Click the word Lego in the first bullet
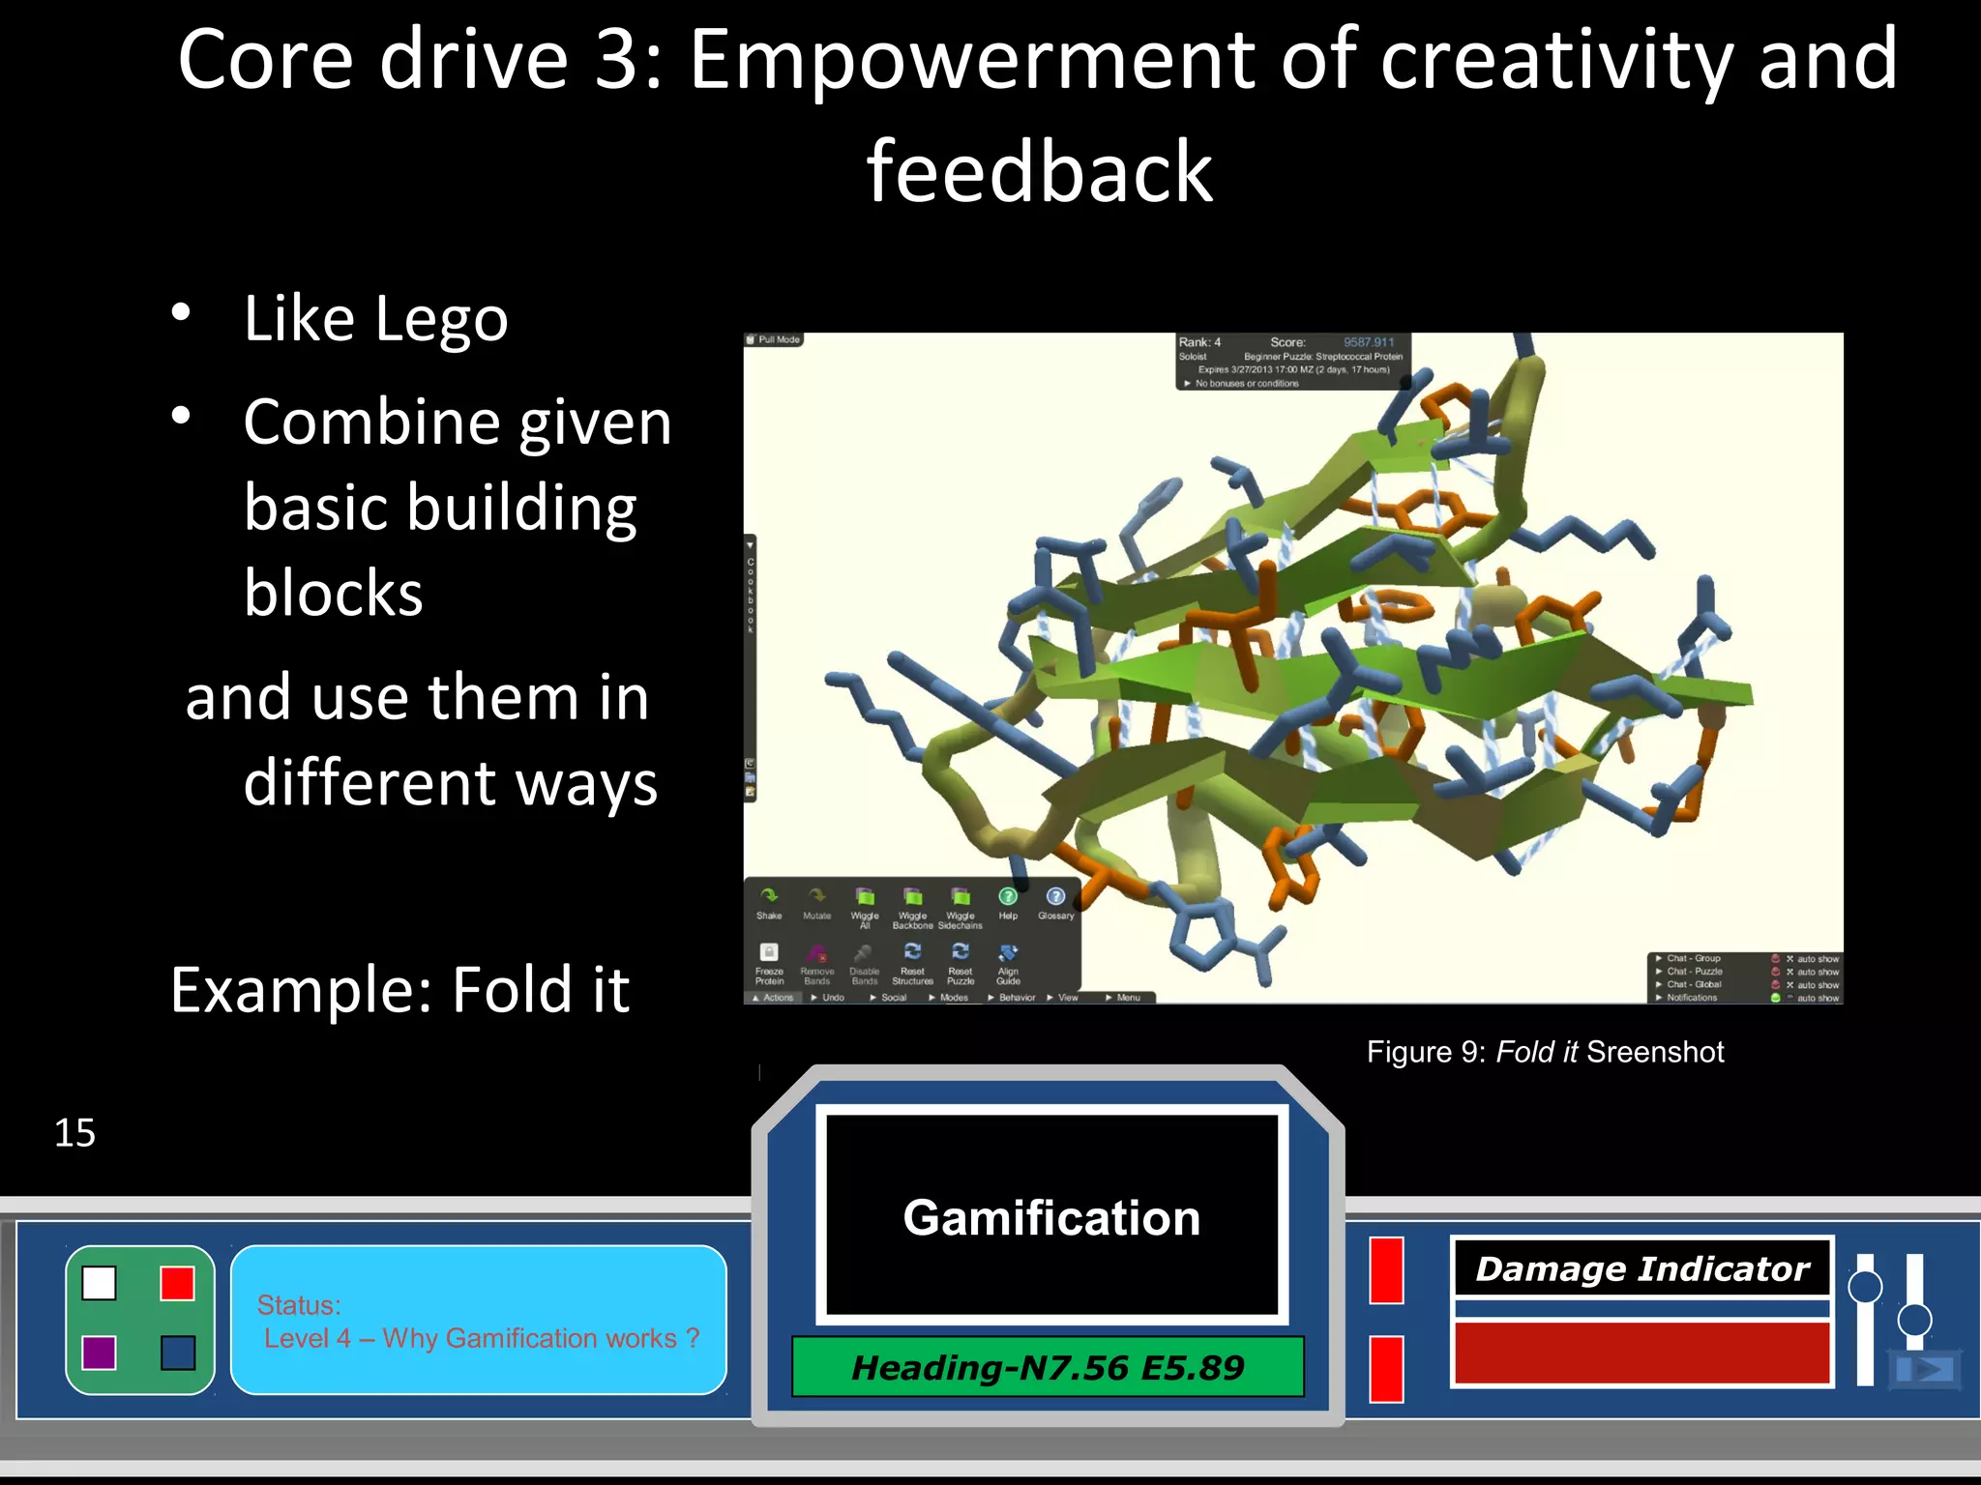(x=440, y=319)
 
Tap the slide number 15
(x=74, y=1132)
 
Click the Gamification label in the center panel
(x=1051, y=1217)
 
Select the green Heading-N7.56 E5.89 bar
(x=1048, y=1367)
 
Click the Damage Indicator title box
(x=1641, y=1267)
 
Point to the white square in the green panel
(x=99, y=1283)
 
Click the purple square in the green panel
(x=99, y=1353)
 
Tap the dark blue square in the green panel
(x=178, y=1353)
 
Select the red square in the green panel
(x=178, y=1283)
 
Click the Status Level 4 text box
(x=478, y=1321)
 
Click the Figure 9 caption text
(x=1545, y=1052)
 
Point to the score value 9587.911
(x=1368, y=342)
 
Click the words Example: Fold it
(x=399, y=990)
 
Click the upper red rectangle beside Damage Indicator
(x=1386, y=1270)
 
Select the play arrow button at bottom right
(x=1927, y=1369)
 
